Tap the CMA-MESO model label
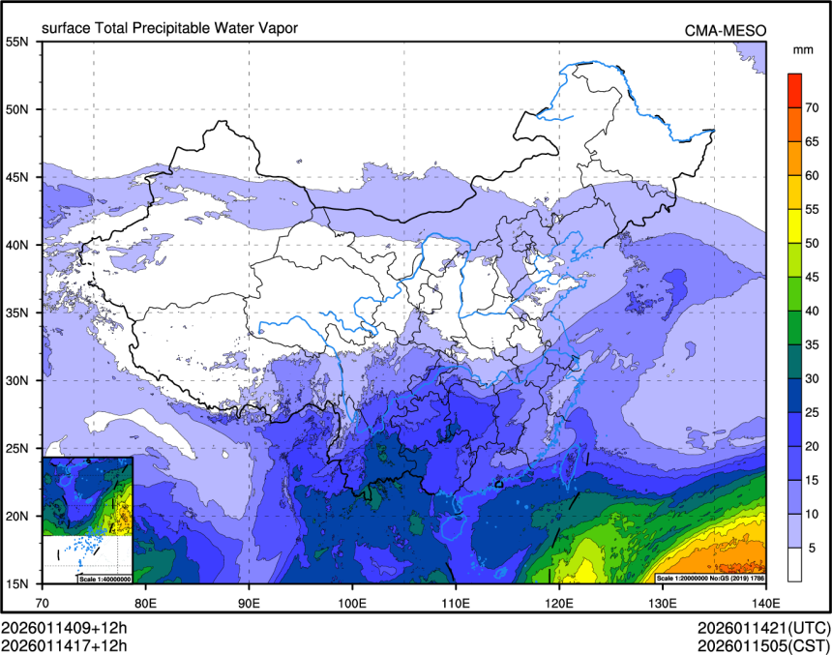tap(726, 30)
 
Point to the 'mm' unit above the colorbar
tap(802, 49)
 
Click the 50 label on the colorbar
tap(815, 243)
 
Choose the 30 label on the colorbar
tap(815, 378)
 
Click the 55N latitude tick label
tap(17, 42)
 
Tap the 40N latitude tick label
tap(17, 245)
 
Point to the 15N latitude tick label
tap(17, 583)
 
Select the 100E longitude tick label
tap(352, 602)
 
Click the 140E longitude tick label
tap(765, 602)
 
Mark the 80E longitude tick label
tap(146, 602)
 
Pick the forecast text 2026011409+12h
tap(64, 626)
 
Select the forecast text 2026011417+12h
tap(64, 643)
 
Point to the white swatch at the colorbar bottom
tap(794, 564)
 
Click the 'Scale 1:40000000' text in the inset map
tap(104, 579)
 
